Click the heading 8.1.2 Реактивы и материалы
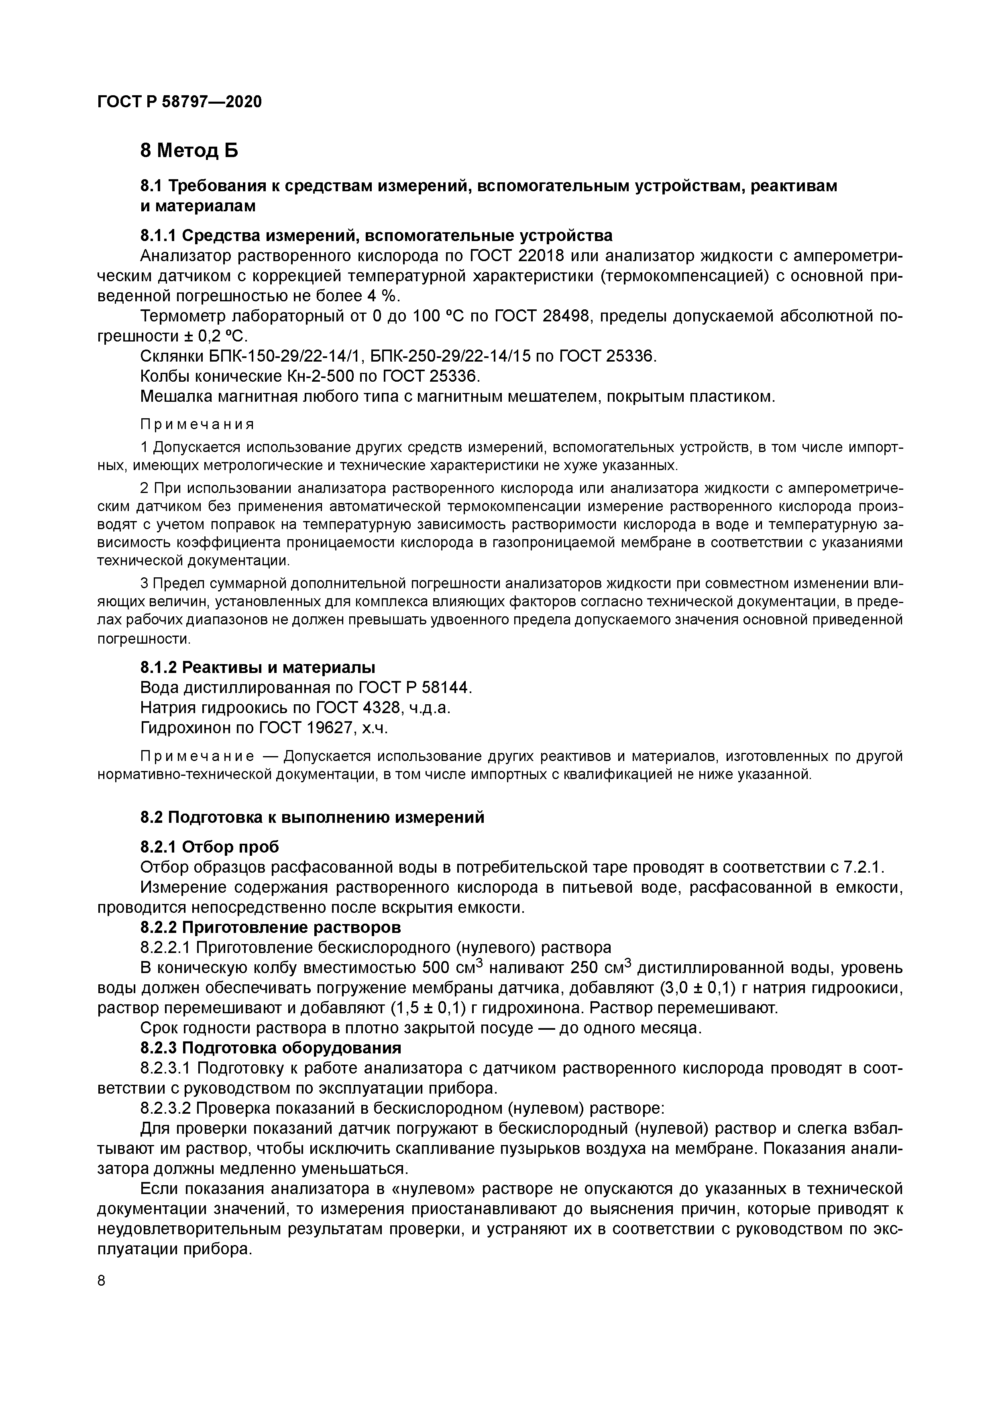click(x=258, y=667)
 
